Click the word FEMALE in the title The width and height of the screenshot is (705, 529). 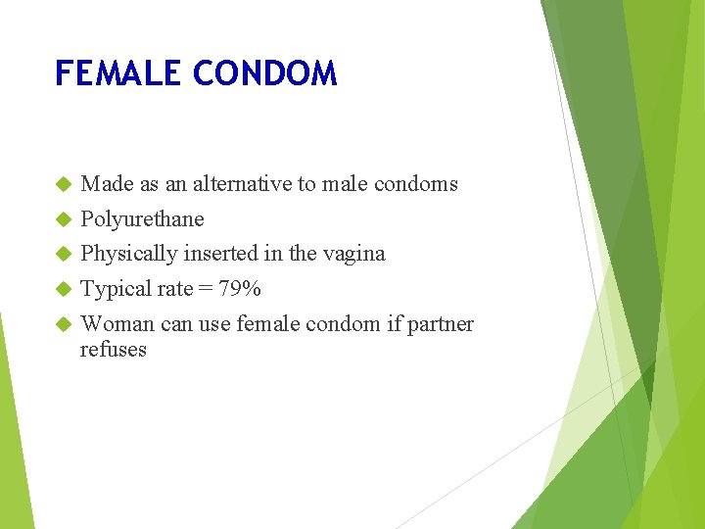(x=118, y=74)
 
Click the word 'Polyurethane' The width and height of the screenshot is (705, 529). (x=142, y=219)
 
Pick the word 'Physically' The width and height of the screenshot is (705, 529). (x=126, y=254)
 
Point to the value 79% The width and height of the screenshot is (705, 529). (x=239, y=289)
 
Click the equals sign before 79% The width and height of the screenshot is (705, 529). (x=205, y=290)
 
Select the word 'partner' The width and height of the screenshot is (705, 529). (x=441, y=325)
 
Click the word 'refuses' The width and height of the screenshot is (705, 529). (x=114, y=350)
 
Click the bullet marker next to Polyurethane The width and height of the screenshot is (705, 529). (x=64, y=219)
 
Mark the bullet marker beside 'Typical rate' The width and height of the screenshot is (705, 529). (x=64, y=290)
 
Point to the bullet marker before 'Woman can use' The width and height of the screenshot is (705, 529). (x=64, y=325)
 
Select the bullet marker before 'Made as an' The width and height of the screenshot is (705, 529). (x=64, y=184)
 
